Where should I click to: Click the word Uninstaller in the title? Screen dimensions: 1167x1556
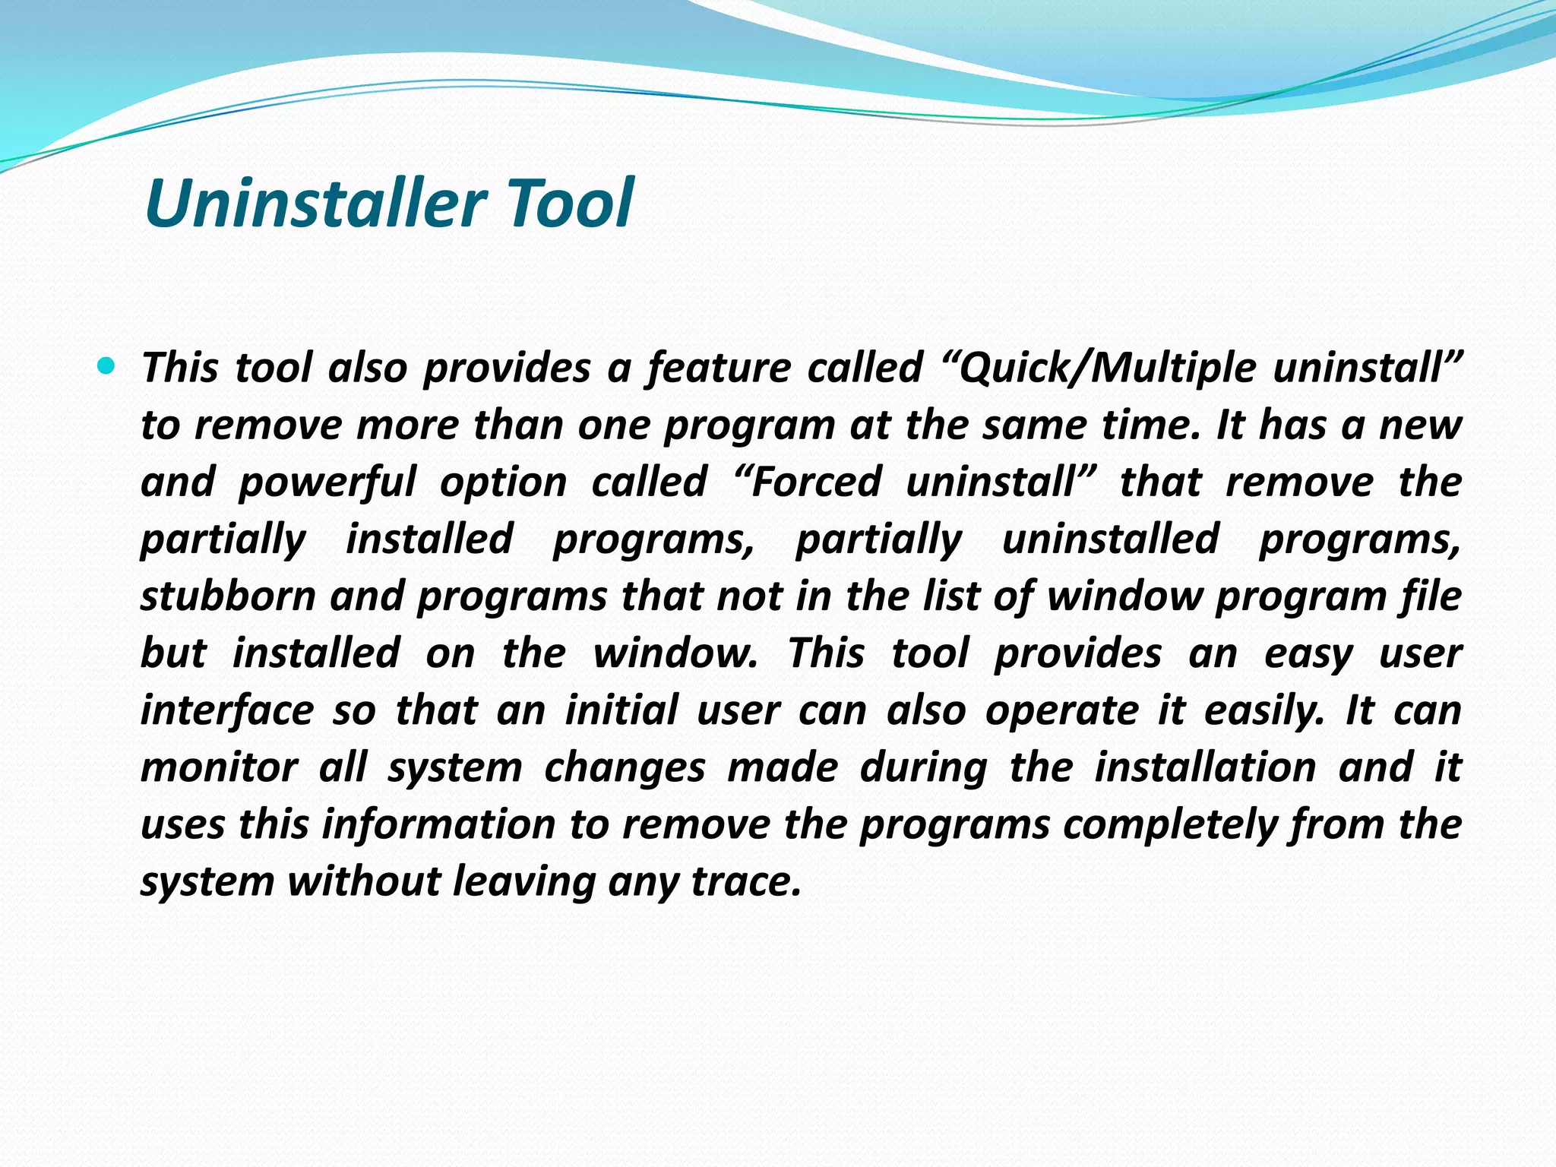(x=315, y=203)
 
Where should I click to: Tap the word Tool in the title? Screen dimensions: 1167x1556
(x=569, y=203)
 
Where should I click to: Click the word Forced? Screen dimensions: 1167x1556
(x=816, y=482)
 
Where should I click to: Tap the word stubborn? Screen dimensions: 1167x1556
(x=228, y=596)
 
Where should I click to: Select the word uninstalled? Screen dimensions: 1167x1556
(x=1111, y=539)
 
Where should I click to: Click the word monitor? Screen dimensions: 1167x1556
(x=219, y=767)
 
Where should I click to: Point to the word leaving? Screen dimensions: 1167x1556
(x=523, y=881)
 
